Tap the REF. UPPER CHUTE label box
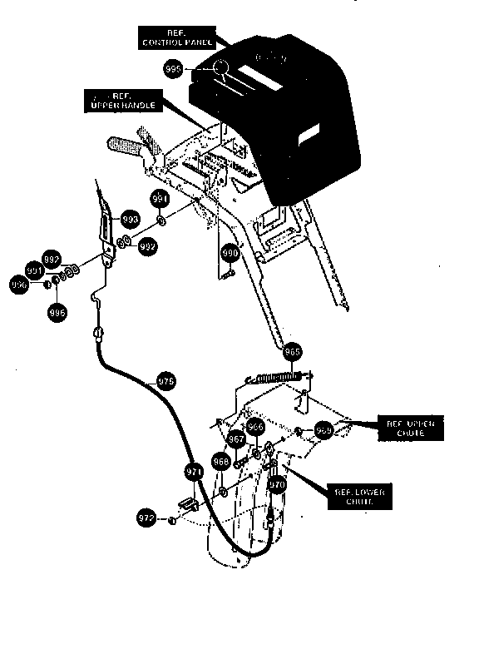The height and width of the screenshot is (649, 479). [409, 429]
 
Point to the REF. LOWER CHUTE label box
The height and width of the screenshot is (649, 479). [359, 497]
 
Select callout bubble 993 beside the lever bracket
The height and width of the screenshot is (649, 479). [130, 219]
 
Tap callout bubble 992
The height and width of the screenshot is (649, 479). [147, 247]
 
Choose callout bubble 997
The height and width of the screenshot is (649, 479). [52, 259]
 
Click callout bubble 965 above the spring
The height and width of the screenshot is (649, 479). [293, 352]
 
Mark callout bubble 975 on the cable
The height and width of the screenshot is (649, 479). [166, 382]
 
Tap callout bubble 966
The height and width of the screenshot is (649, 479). [256, 427]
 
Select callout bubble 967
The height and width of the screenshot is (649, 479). [236, 439]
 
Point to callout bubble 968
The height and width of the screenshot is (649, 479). [220, 460]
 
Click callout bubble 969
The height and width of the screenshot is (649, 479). [323, 430]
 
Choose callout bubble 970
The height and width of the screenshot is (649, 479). [278, 483]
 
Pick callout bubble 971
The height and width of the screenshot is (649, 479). [194, 472]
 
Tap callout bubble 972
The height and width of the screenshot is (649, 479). [146, 519]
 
